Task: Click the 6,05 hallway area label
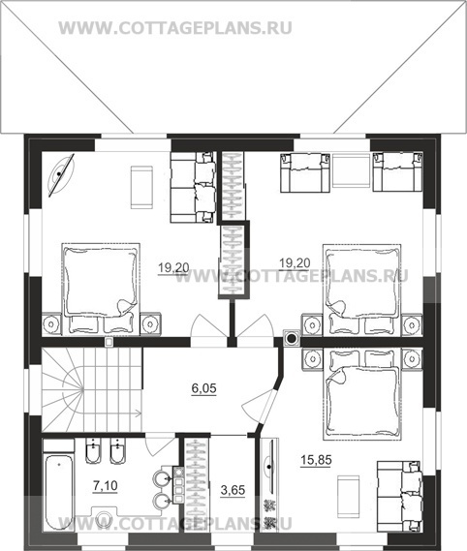click(x=204, y=388)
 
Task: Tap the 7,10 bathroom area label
click(x=106, y=486)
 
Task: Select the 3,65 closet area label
click(x=233, y=490)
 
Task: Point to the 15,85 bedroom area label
click(x=316, y=460)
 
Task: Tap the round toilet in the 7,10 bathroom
click(x=104, y=518)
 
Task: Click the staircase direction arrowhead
click(x=139, y=413)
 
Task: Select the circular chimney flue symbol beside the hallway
click(x=292, y=338)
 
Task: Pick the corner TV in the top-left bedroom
click(x=61, y=174)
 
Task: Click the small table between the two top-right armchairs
click(x=352, y=172)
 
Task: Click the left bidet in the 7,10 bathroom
click(x=93, y=451)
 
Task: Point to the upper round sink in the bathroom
click(x=162, y=478)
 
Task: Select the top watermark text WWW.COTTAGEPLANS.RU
click(x=175, y=28)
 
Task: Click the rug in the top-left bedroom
click(x=141, y=188)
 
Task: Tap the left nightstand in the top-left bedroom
click(x=51, y=322)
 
